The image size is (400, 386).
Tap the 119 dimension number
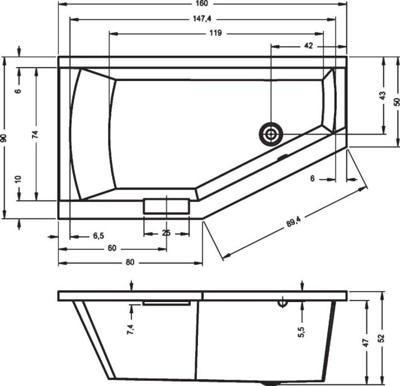[216, 33]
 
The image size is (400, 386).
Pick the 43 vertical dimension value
[383, 96]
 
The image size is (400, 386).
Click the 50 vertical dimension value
[397, 101]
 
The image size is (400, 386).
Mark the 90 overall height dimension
[4, 138]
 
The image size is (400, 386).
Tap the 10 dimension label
[18, 179]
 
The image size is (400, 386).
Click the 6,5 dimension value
[98, 236]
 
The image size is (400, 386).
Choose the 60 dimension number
[112, 249]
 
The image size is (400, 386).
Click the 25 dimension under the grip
[166, 233]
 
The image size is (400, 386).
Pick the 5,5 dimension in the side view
[301, 332]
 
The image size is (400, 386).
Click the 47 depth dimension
[366, 342]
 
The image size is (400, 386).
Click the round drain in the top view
[271, 134]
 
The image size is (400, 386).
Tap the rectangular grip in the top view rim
[166, 205]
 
